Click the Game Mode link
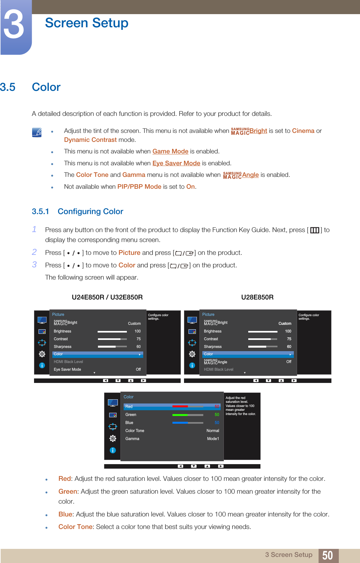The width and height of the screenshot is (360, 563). (x=170, y=152)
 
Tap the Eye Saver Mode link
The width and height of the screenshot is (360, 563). (x=176, y=163)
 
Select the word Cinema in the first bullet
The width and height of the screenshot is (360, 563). (x=303, y=131)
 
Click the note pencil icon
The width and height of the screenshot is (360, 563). (x=37, y=132)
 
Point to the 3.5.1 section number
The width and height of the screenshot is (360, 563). (x=40, y=212)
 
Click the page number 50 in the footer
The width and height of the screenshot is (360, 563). (x=327, y=555)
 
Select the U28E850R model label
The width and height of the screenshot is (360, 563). (x=257, y=297)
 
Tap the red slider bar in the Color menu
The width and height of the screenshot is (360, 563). (x=188, y=406)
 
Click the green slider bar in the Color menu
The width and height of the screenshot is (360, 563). (x=188, y=415)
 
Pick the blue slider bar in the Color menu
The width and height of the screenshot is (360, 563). (x=188, y=423)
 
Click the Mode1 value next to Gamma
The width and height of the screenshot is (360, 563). (x=213, y=439)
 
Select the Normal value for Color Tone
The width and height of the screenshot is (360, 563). (x=213, y=431)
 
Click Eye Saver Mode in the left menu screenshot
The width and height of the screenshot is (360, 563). (x=67, y=369)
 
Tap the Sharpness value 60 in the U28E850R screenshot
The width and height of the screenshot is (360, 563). (x=289, y=347)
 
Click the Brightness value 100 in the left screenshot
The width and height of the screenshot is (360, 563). (x=137, y=331)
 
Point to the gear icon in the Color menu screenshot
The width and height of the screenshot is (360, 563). (x=113, y=438)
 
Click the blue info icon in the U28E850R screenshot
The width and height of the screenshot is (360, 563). (x=192, y=365)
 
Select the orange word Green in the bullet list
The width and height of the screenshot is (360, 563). (x=67, y=491)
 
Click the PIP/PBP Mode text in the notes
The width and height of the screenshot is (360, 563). (x=139, y=187)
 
